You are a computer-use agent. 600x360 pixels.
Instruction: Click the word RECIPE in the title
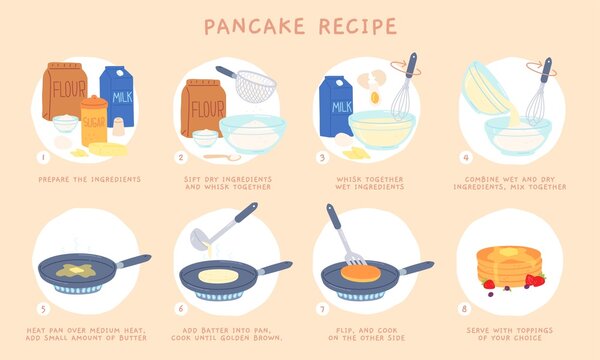click(352, 26)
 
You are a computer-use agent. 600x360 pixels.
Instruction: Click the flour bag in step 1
click(65, 95)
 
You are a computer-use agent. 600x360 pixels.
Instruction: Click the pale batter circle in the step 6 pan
click(217, 275)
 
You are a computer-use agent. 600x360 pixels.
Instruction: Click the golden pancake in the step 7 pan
click(360, 273)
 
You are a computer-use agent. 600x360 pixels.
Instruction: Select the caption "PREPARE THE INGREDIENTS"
click(89, 179)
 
